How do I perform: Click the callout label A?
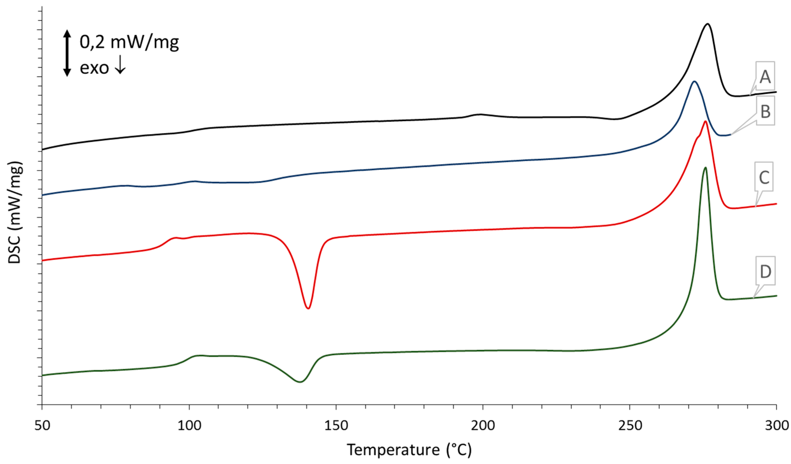765,76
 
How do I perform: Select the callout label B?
765,111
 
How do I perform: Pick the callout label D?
765,271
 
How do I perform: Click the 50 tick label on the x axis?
42,426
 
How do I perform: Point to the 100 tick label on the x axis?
189,426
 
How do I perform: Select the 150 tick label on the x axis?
336,426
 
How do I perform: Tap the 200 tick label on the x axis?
483,426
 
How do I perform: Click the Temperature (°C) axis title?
409,450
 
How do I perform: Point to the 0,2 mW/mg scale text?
129,42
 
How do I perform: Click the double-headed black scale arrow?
67,53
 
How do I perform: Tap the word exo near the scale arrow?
94,67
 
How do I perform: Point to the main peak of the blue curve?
694,82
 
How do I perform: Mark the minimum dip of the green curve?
300,382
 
